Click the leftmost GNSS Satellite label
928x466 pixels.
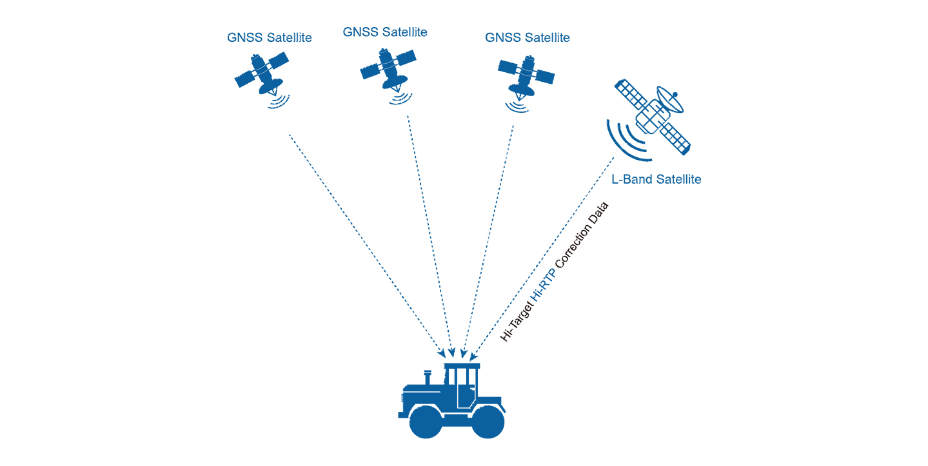tap(269, 37)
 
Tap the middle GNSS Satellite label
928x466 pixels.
tap(385, 32)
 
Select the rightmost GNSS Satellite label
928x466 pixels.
tap(527, 37)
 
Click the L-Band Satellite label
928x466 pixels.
tap(656, 179)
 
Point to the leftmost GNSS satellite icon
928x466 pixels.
tap(261, 72)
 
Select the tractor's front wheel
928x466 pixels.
tap(425, 422)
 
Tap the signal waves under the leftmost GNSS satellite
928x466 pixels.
tap(278, 101)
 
